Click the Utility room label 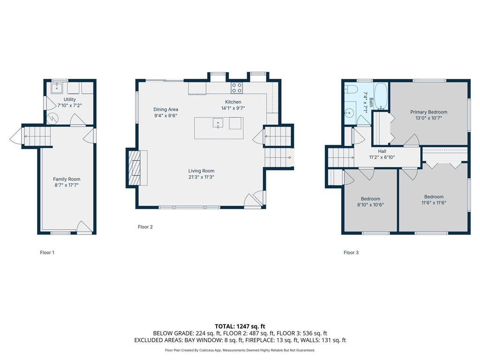70,99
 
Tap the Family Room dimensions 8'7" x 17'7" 67,185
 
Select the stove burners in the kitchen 237,88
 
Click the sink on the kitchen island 218,123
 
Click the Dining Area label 166,109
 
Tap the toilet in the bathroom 351,90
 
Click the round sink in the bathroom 349,113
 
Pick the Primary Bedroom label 428,112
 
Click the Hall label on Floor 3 382,151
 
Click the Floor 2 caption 145,227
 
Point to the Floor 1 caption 47,253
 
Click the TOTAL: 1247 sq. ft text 240,326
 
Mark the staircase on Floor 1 37,137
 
